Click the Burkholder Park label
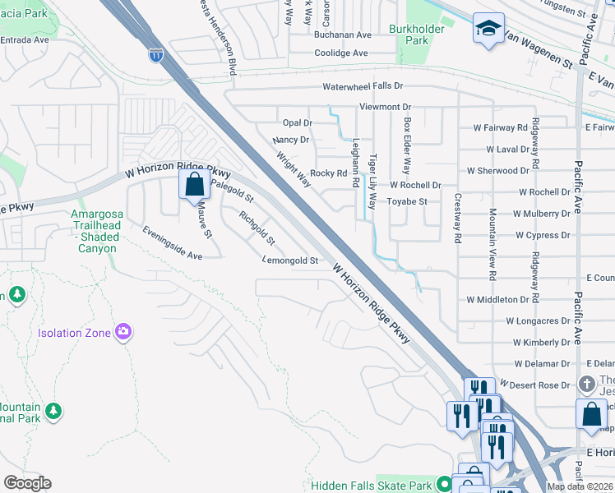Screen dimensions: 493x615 point(430,34)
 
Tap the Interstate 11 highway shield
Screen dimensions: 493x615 point(156,56)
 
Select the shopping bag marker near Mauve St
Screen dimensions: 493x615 point(194,186)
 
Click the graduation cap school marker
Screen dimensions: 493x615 point(488,30)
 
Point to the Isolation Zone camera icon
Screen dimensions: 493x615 point(123,332)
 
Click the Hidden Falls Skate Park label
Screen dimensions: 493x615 point(372,486)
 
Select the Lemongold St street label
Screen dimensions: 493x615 point(289,260)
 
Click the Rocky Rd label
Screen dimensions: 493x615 point(328,173)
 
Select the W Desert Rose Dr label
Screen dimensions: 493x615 point(539,385)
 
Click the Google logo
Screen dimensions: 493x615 point(27,483)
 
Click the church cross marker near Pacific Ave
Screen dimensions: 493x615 point(587,384)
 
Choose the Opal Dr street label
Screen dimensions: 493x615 point(298,122)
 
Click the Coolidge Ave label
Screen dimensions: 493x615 point(341,53)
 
